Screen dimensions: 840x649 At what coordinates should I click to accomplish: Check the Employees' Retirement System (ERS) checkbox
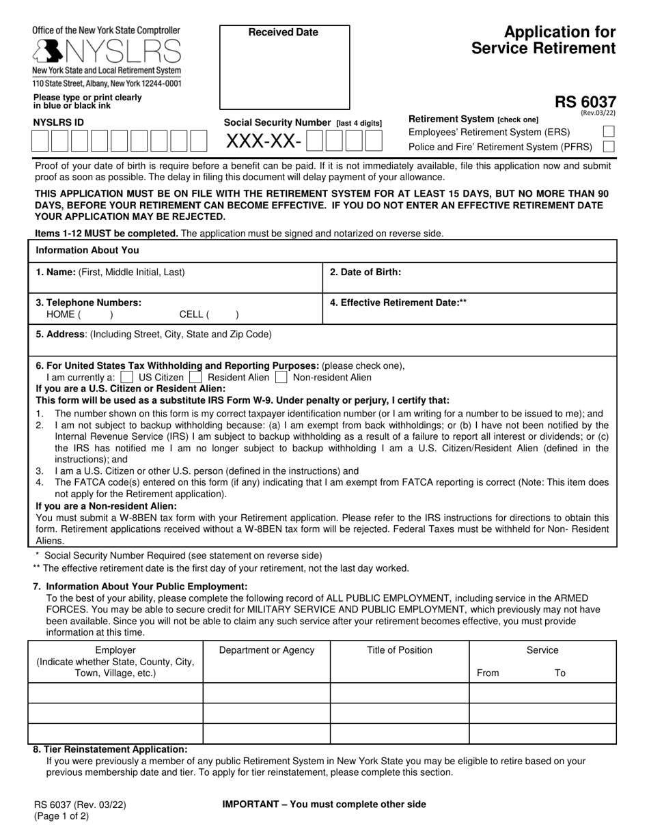609,132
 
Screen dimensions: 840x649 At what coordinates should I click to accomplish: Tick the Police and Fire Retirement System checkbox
609,147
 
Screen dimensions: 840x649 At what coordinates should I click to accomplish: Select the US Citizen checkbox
126,377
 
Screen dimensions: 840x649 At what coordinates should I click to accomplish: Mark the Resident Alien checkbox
195,377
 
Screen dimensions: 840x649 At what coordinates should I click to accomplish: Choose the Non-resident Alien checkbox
281,377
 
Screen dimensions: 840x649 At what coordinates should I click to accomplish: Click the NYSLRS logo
106,51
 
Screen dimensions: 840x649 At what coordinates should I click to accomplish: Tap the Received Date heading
283,32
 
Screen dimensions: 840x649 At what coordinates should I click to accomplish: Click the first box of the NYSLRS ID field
40,141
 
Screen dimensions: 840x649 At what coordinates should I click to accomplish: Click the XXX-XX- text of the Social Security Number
264,141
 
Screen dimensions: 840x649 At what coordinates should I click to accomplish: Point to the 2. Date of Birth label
365,272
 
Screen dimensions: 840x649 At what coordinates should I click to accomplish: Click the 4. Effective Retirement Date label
398,302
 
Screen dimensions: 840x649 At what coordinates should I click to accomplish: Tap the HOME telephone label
61,315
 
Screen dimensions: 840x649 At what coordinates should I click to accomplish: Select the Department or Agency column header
266,650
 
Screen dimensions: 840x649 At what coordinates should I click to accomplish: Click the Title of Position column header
400,650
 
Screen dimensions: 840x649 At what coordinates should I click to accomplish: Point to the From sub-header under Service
488,673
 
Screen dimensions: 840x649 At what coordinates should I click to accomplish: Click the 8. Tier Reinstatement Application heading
110,749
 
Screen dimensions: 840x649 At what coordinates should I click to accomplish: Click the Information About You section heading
87,251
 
